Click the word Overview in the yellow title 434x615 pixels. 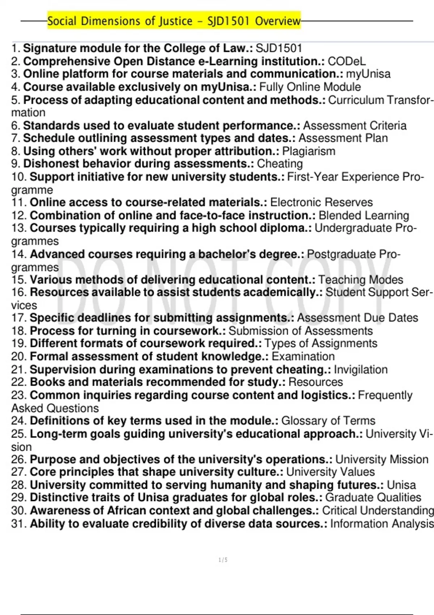click(277, 21)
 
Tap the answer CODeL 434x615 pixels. click(346, 61)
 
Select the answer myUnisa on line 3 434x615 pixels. click(368, 74)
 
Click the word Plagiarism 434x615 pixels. click(309, 151)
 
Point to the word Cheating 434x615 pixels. click(280, 164)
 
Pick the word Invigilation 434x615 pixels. click(360, 370)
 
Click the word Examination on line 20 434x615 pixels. click(303, 357)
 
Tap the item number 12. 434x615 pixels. click(19, 216)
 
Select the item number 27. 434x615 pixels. click(19, 472)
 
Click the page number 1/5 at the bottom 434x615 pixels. click(223, 560)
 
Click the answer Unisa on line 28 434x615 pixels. click(401, 485)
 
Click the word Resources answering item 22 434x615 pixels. click(315, 382)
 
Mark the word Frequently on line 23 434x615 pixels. click(385, 395)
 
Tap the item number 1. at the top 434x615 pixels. click(16, 48)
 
